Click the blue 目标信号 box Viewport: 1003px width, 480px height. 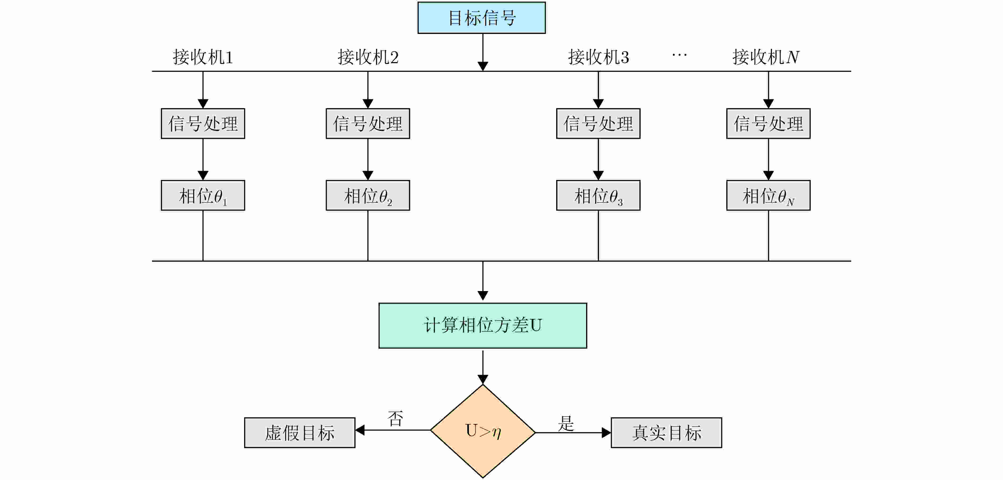coord(481,18)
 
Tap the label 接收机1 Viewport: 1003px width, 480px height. coord(203,57)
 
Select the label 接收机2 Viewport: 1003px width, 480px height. coord(368,57)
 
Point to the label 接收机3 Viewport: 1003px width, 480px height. coord(598,57)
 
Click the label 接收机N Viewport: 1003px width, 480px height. coord(766,57)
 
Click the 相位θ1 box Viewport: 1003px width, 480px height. coord(203,196)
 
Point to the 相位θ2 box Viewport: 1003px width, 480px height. coord(368,196)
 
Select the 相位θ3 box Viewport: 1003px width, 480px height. coord(598,196)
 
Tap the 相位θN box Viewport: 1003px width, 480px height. coord(768,196)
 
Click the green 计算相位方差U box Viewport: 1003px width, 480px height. coord(483,326)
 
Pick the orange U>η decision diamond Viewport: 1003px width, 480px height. coord(483,431)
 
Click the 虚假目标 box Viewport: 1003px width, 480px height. coord(300,433)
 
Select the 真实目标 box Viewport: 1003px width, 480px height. coord(666,433)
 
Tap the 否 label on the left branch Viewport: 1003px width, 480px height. coord(395,418)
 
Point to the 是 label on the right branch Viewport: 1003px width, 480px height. coord(566,423)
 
